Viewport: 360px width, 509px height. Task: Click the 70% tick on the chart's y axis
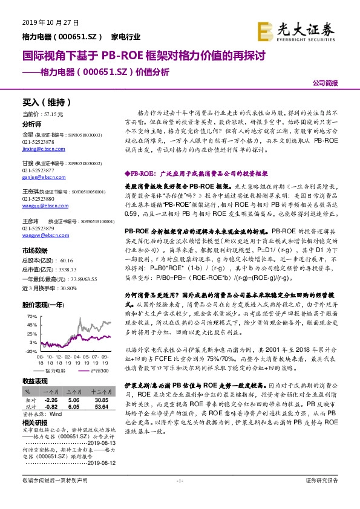(32, 316)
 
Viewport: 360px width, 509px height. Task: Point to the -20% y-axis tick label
(31, 350)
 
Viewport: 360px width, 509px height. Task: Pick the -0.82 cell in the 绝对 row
(51, 407)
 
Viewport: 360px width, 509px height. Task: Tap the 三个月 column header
(74, 391)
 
